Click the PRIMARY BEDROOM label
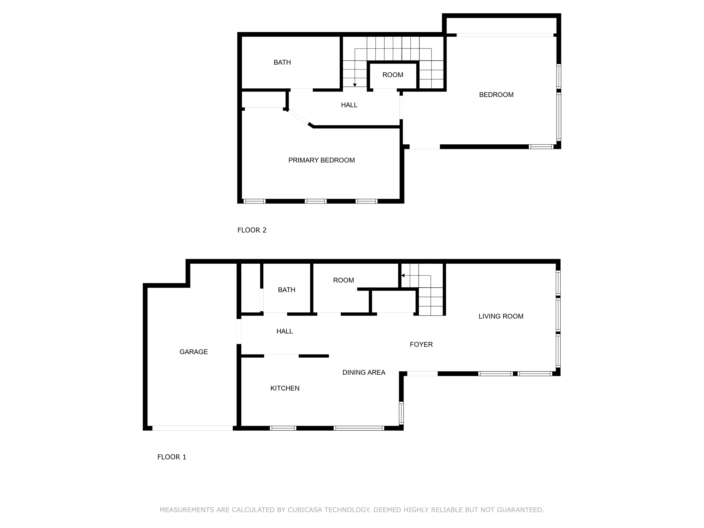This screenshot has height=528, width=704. [x=321, y=160]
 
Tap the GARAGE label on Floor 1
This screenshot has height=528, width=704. [x=194, y=352]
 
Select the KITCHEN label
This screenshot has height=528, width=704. [x=285, y=388]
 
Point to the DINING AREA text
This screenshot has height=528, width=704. [x=364, y=372]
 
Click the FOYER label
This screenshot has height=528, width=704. [x=421, y=344]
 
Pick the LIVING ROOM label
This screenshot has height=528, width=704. [x=501, y=316]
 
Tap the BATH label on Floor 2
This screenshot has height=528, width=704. [x=282, y=62]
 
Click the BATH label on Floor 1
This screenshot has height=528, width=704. [x=286, y=290]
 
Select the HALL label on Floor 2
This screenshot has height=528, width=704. [x=349, y=105]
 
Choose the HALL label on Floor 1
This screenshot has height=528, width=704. [x=284, y=331]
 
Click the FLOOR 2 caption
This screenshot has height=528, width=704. [x=252, y=230]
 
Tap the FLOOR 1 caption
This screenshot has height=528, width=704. [x=172, y=457]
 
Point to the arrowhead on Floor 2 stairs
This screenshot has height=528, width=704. [x=355, y=85]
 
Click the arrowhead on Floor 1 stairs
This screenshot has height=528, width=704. [x=403, y=275]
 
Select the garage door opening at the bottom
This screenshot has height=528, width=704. [x=192, y=428]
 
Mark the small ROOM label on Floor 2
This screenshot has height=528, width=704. [x=393, y=75]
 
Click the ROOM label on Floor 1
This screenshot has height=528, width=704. [x=343, y=280]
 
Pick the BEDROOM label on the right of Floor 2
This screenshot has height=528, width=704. [x=496, y=95]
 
